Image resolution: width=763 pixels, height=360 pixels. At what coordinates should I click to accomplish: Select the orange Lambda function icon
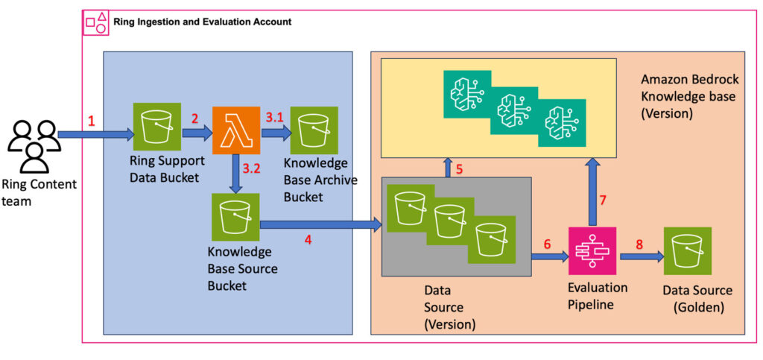[236, 131]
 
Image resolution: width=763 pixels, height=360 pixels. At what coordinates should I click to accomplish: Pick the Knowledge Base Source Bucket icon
[235, 217]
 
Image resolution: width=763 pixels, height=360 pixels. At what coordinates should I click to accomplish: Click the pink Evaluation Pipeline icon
[592, 252]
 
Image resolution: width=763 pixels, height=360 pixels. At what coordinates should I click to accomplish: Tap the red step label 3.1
[274, 117]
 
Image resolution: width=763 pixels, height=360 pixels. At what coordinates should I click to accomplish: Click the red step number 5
[460, 168]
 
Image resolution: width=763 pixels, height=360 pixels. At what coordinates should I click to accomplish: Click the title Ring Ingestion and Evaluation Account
[202, 22]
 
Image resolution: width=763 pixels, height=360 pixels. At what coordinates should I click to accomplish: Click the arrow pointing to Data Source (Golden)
[642, 256]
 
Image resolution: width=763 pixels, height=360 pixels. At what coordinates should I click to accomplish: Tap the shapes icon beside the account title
[96, 22]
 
